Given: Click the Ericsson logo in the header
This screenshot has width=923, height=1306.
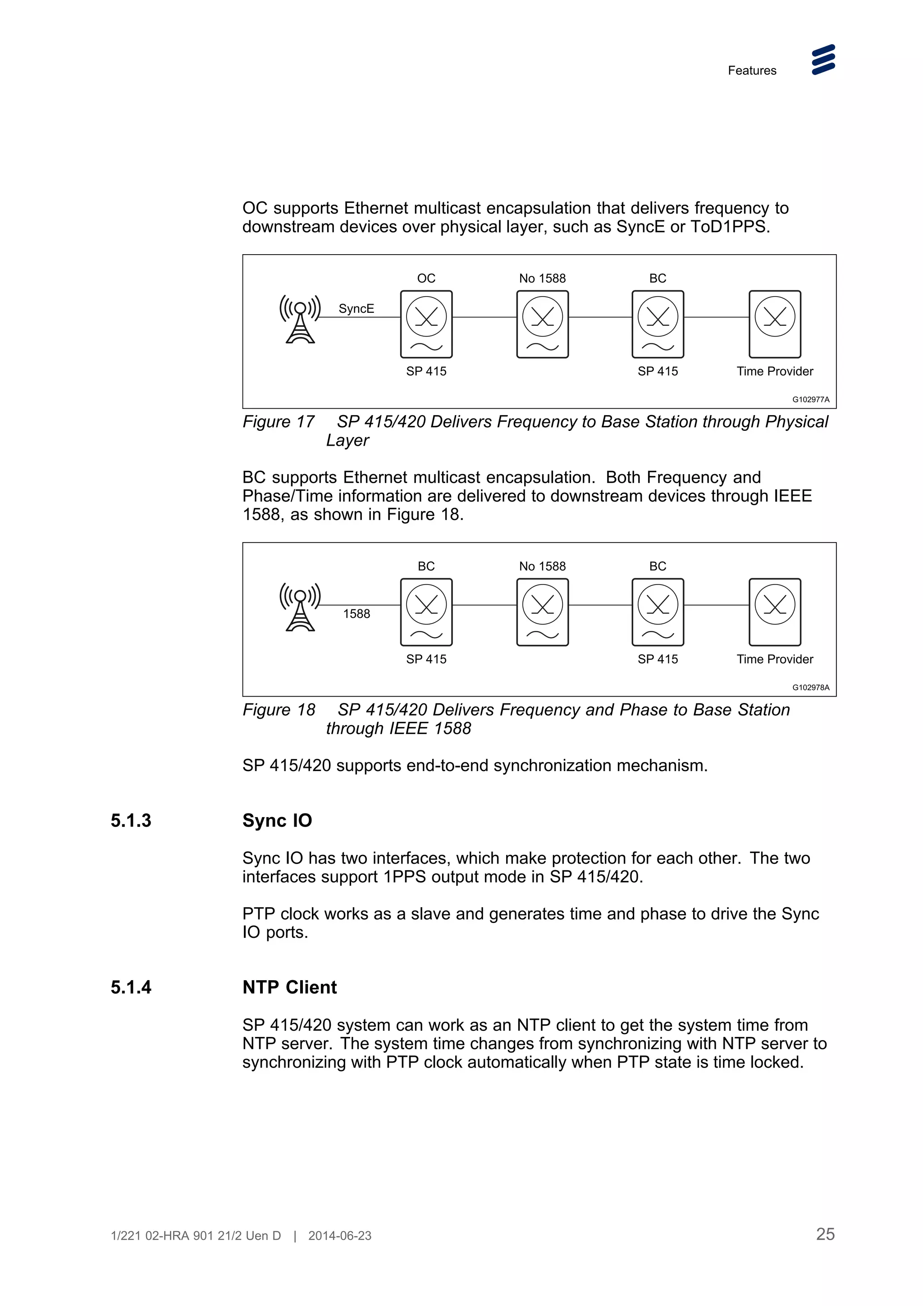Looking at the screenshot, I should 823,60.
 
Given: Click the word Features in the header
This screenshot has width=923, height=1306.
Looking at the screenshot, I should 751,71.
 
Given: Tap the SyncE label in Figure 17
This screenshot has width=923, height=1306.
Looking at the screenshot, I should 356,308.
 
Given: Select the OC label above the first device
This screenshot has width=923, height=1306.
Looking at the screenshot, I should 426,278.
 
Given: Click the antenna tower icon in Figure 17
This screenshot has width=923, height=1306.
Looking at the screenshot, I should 300,319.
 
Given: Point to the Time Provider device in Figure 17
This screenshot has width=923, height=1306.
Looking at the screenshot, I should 775,324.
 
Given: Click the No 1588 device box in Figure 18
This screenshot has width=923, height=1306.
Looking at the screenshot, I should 542,612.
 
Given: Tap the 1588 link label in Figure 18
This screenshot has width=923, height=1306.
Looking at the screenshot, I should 356,614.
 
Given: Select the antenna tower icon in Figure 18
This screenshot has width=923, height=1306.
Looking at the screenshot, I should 300,607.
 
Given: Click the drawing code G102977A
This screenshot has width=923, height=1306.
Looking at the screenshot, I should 810,399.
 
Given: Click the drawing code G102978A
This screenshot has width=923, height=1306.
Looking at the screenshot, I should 810,687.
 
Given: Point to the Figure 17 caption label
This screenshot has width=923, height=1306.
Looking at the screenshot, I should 278,421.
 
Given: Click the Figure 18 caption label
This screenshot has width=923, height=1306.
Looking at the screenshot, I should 279,710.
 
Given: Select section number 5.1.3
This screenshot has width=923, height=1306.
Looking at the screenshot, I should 131,820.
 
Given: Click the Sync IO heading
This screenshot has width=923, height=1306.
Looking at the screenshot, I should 277,820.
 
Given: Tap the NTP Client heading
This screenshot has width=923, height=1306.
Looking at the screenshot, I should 289,987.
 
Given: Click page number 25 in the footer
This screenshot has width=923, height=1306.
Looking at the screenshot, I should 825,1234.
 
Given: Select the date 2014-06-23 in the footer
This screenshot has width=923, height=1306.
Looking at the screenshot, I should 339,1235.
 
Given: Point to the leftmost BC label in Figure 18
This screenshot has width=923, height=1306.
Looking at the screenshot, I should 426,566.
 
